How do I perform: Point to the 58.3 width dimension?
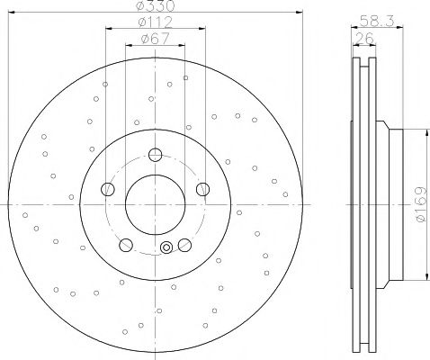click(x=369, y=17)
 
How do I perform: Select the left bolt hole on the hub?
click(x=108, y=189)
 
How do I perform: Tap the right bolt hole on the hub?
click(x=202, y=188)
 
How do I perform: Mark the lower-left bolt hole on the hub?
click(x=125, y=243)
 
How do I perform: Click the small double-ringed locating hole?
click(x=165, y=249)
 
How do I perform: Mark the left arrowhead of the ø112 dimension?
click(x=108, y=29)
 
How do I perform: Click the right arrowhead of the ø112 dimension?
click(x=202, y=29)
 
